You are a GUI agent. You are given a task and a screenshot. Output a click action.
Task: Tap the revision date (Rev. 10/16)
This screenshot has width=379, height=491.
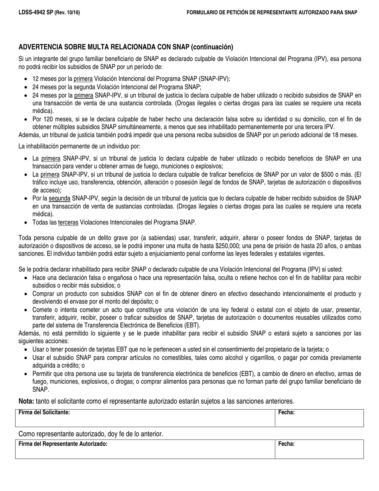(x=67, y=13)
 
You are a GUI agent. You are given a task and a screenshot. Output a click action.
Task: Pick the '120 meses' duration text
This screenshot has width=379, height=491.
(x=54, y=119)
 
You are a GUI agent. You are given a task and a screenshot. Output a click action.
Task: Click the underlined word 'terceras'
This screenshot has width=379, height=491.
(x=68, y=222)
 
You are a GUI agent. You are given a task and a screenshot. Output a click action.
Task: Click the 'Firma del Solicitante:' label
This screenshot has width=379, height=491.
(x=44, y=413)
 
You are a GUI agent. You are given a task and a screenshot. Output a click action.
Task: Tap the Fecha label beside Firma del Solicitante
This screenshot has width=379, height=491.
(x=286, y=413)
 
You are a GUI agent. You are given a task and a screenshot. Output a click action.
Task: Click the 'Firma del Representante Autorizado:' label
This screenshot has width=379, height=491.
(x=63, y=443)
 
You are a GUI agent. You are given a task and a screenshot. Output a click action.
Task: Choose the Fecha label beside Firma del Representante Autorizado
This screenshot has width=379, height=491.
(x=286, y=443)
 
